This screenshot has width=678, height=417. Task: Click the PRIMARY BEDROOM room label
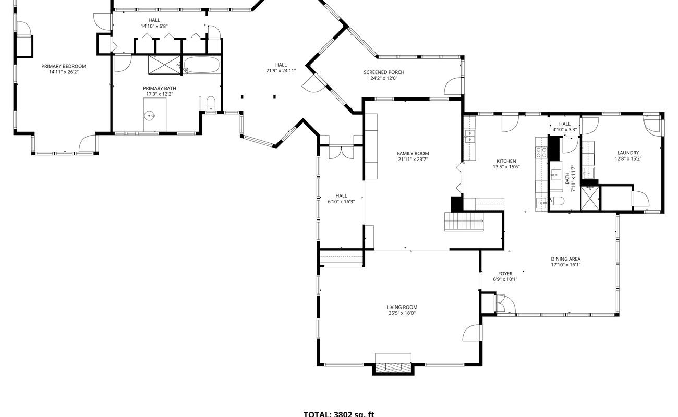click(64, 66)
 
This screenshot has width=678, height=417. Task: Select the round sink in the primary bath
click(150, 115)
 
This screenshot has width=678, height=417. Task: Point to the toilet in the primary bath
click(211, 102)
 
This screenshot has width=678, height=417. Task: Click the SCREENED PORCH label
click(384, 72)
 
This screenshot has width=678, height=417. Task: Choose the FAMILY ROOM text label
click(413, 154)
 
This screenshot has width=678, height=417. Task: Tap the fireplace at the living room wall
click(393, 364)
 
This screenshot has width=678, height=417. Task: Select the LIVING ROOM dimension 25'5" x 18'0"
click(402, 313)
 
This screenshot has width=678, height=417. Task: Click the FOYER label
click(505, 274)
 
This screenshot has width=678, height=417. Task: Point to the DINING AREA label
click(565, 259)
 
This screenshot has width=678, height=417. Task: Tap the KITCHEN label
click(506, 161)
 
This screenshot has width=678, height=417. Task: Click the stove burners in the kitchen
click(541, 152)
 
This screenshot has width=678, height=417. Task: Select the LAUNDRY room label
click(628, 153)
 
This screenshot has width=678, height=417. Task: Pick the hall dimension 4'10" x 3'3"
click(564, 130)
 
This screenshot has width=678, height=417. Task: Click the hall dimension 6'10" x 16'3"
click(341, 202)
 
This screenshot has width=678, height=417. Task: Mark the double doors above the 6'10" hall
click(341, 152)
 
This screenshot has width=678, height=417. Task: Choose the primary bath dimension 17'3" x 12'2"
click(160, 94)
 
